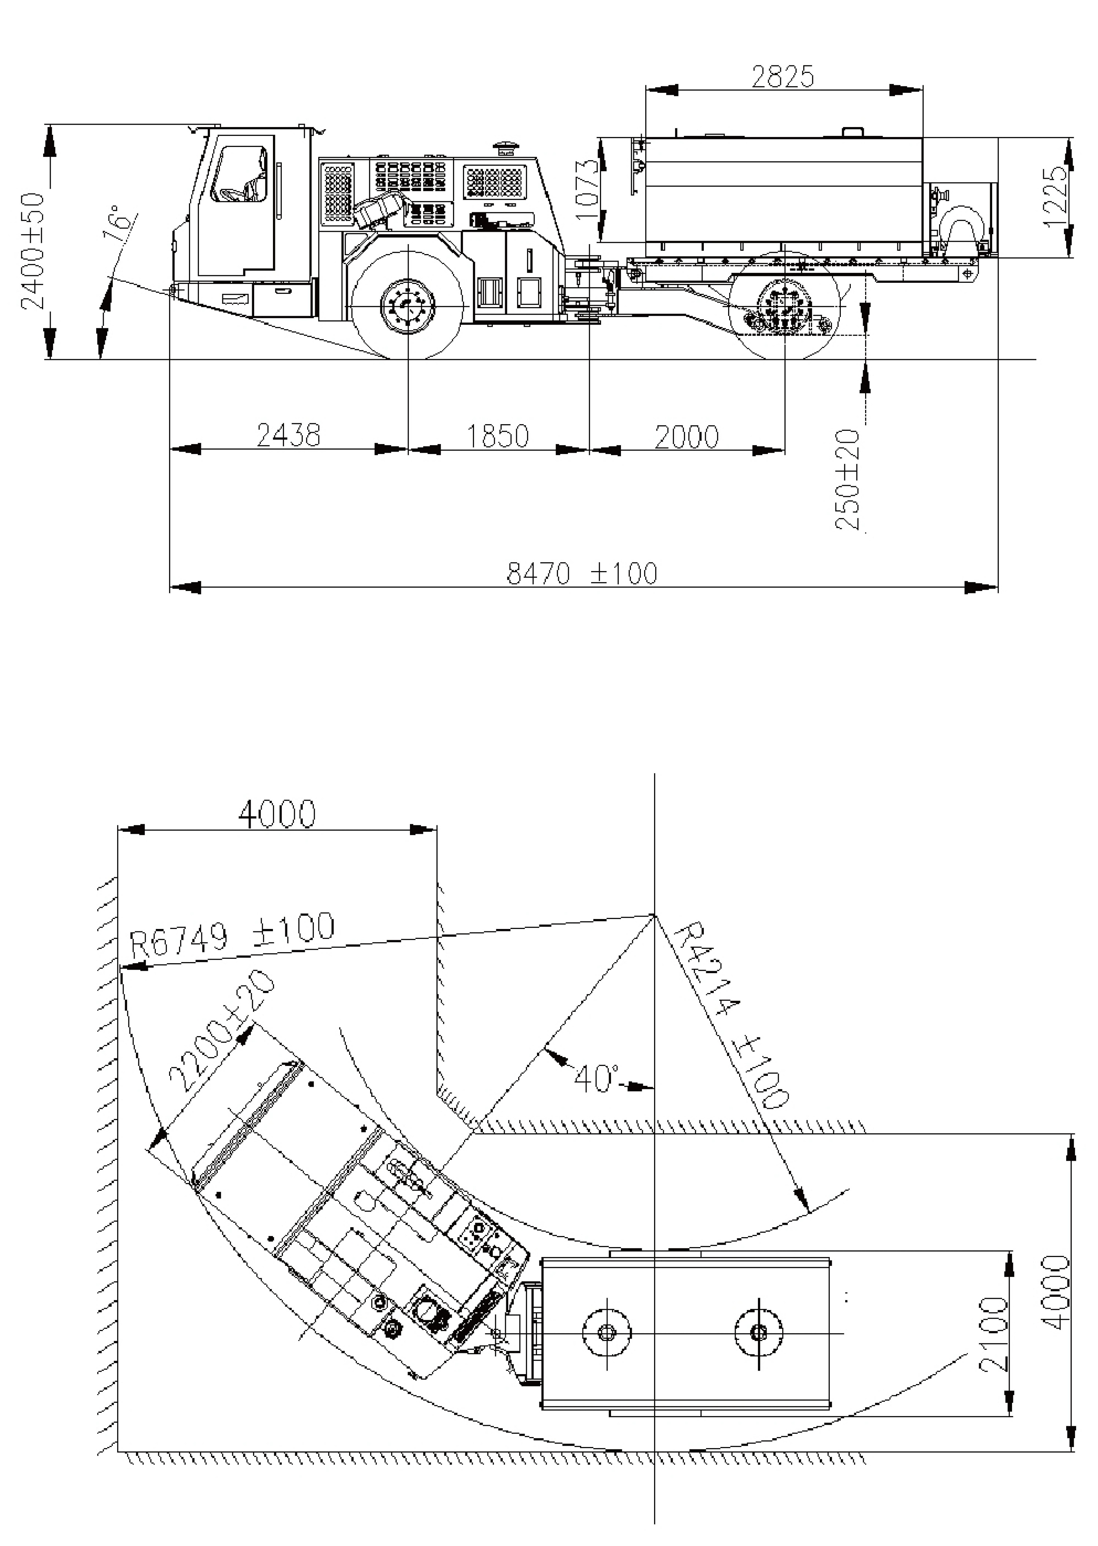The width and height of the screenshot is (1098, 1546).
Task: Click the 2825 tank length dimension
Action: pos(783,77)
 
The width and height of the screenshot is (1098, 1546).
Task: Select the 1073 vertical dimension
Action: pos(589,189)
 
